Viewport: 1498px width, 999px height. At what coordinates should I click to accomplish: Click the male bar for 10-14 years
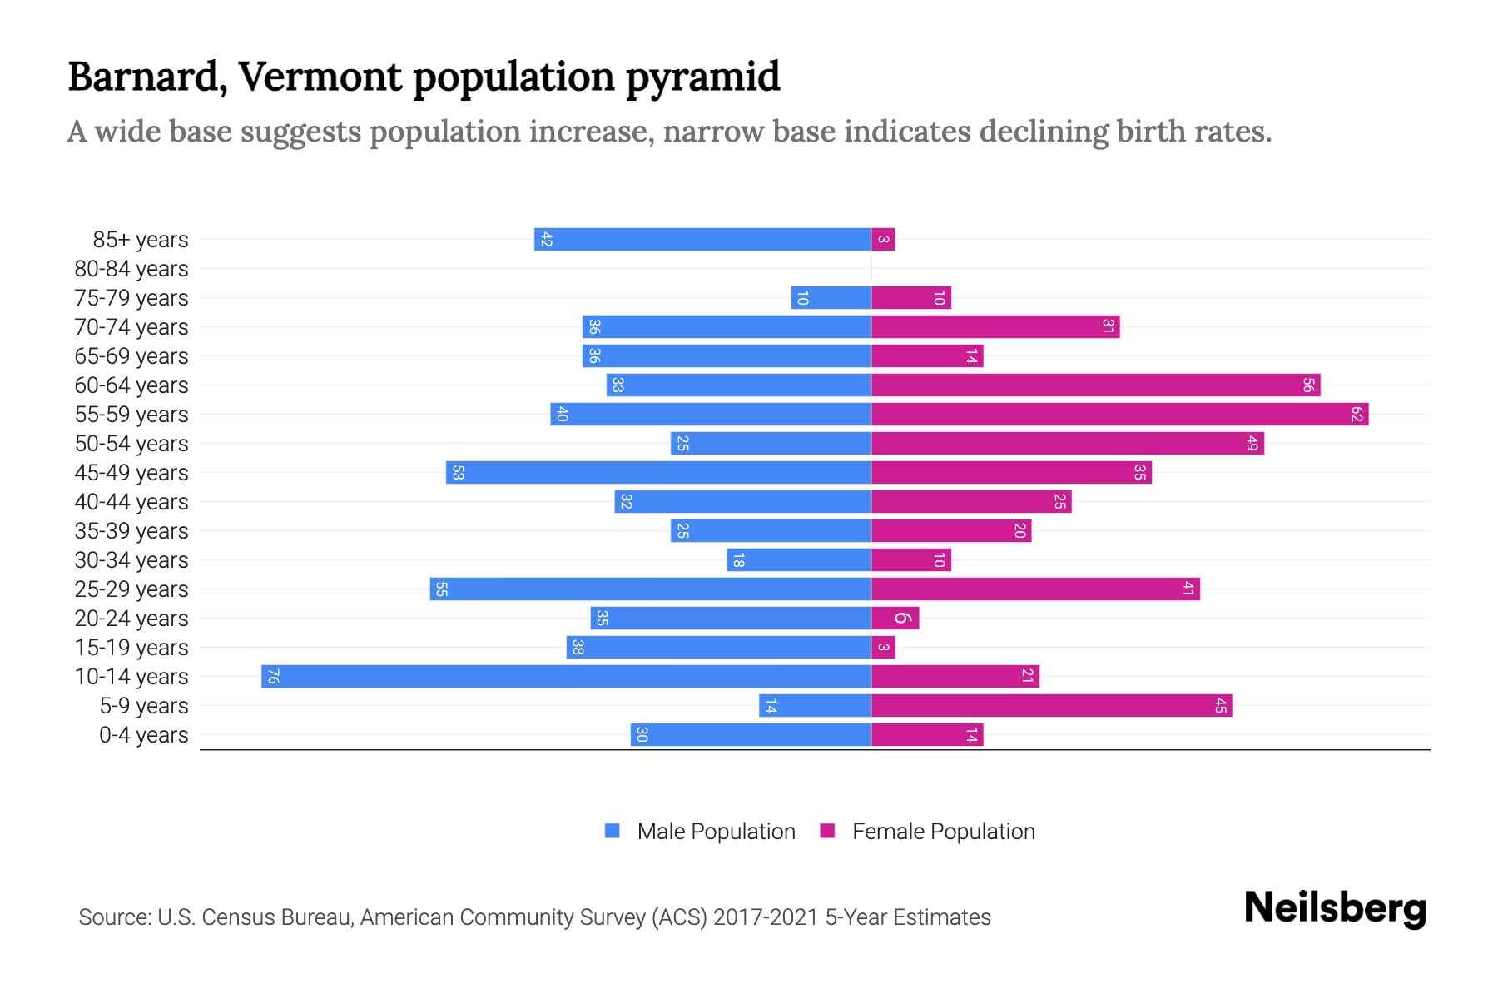(x=566, y=676)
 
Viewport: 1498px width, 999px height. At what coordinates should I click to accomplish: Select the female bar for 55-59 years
(x=1119, y=414)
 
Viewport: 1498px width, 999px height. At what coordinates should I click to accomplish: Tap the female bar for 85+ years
(x=883, y=239)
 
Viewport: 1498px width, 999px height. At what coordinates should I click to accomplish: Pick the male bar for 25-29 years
(x=650, y=589)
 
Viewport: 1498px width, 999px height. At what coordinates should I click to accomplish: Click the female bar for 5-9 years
(x=1051, y=705)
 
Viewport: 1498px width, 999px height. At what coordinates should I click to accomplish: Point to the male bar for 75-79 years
(x=831, y=297)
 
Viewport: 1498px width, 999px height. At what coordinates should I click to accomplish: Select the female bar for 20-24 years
(x=895, y=618)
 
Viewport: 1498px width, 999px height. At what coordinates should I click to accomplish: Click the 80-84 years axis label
(x=131, y=269)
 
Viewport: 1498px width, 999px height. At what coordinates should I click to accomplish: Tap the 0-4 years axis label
(x=143, y=735)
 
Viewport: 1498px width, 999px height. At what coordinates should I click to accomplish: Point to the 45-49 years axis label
(x=131, y=473)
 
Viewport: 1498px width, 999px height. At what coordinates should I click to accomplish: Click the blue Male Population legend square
(x=613, y=831)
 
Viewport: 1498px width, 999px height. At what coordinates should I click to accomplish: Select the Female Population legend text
(x=943, y=831)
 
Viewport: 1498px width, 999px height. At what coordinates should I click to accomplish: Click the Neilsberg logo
(x=1335, y=908)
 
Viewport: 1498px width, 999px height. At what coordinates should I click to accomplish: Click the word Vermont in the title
(x=320, y=76)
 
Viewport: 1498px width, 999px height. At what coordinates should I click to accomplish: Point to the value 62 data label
(x=1357, y=414)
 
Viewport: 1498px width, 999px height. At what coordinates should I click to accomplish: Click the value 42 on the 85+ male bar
(x=546, y=239)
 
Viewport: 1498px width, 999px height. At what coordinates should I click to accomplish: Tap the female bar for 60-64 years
(x=1095, y=385)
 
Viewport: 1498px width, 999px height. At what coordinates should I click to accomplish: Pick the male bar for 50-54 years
(x=771, y=443)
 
